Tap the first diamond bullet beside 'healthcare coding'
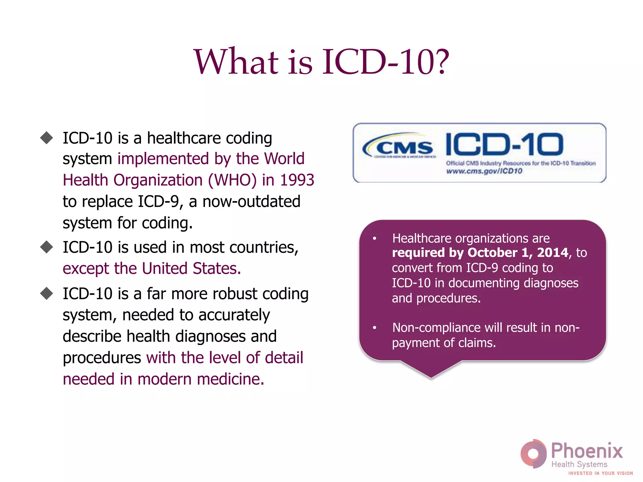(47, 138)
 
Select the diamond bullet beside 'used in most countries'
(47, 247)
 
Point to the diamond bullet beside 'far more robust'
(47, 293)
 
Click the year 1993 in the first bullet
(297, 180)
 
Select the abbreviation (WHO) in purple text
(232, 180)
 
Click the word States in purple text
(217, 269)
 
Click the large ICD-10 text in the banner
(504, 144)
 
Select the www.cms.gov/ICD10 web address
(484, 171)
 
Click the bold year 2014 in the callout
(553, 253)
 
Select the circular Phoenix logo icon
(533, 453)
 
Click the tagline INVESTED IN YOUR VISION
(600, 473)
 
